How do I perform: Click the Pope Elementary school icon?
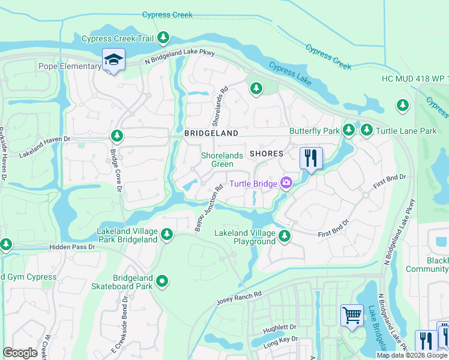coord(112,61)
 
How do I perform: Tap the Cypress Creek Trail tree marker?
coord(163,38)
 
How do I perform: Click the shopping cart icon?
coord(352,314)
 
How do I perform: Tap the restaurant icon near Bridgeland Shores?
coord(311,158)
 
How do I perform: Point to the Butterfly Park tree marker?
coord(349,130)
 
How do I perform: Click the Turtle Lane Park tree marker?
coord(366,130)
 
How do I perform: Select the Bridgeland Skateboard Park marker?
coord(162,281)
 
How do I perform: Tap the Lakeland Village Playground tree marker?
coord(285,237)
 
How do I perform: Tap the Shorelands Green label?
coord(222,160)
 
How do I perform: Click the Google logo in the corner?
coord(20,353)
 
